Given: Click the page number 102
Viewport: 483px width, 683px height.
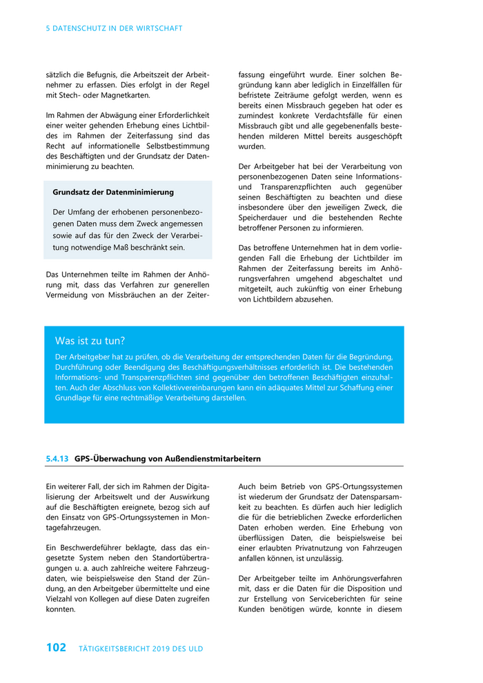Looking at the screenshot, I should click(x=56, y=647).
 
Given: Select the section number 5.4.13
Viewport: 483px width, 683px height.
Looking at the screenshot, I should click(x=57, y=458).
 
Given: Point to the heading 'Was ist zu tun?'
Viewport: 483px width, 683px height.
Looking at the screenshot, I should click(x=90, y=341).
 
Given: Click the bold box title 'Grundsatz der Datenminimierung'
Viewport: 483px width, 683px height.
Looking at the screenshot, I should click(x=113, y=192).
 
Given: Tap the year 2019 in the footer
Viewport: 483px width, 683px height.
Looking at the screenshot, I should click(x=161, y=649).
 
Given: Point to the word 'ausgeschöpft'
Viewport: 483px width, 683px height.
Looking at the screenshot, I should click(x=374, y=136).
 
